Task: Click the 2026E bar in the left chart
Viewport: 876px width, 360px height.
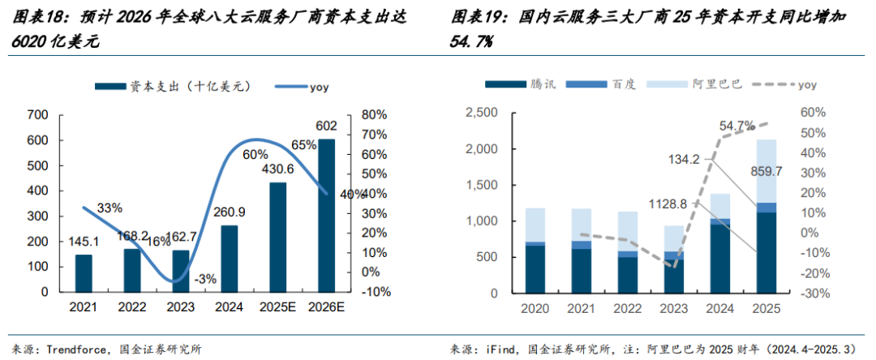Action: (326, 215)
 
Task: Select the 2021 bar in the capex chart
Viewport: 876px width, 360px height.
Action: (84, 272)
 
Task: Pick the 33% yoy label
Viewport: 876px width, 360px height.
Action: (109, 208)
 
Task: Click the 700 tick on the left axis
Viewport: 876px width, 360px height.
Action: (38, 115)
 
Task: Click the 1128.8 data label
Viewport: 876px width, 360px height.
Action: (669, 204)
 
